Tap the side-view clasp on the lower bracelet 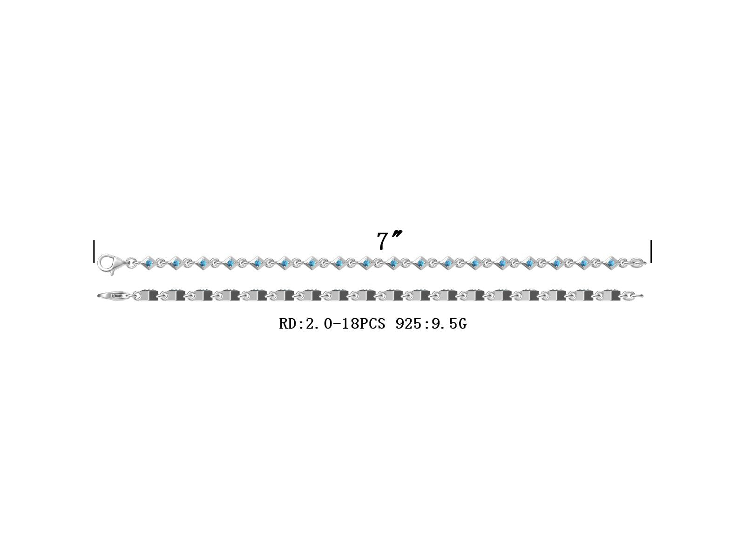point(114,296)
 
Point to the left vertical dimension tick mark point(94,252)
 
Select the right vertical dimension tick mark point(651,252)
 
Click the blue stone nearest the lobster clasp point(149,262)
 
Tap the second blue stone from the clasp point(176,262)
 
